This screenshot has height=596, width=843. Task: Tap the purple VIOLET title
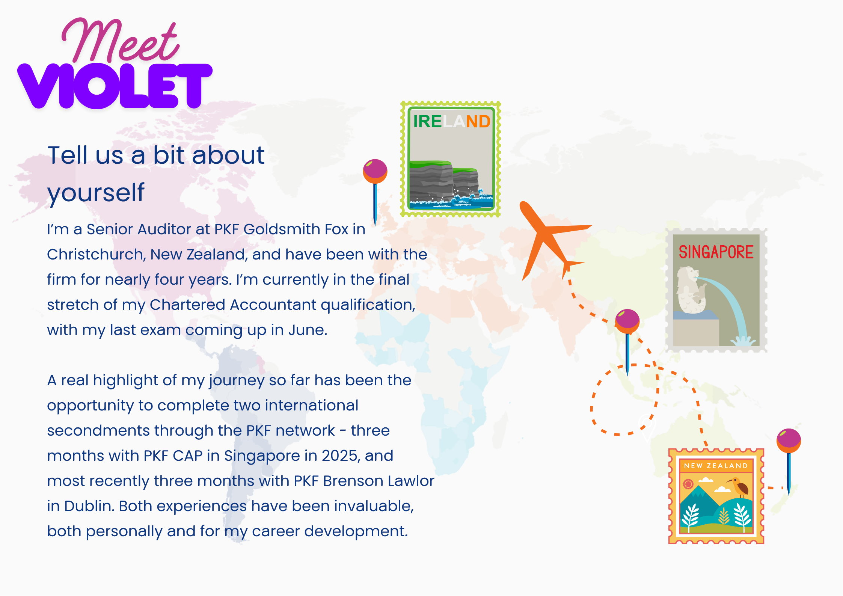(x=115, y=86)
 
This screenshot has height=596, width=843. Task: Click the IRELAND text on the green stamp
(x=452, y=121)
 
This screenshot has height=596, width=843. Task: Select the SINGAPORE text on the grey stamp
(x=716, y=252)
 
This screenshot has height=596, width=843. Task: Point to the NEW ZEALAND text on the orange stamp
(x=716, y=466)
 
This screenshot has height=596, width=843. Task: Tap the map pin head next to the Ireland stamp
(x=375, y=171)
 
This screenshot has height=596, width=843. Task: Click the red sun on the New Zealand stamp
(x=688, y=484)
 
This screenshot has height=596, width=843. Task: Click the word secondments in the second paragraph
(x=97, y=430)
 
